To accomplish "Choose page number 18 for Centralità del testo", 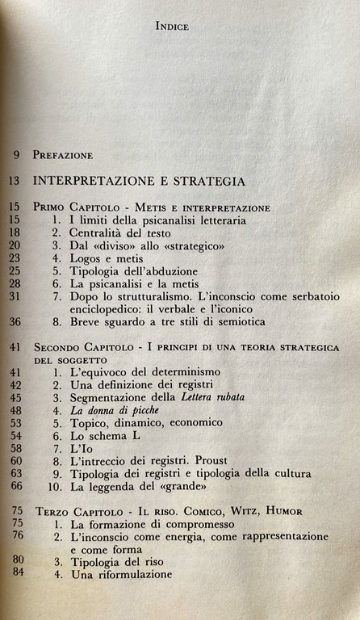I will (x=15, y=235).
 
